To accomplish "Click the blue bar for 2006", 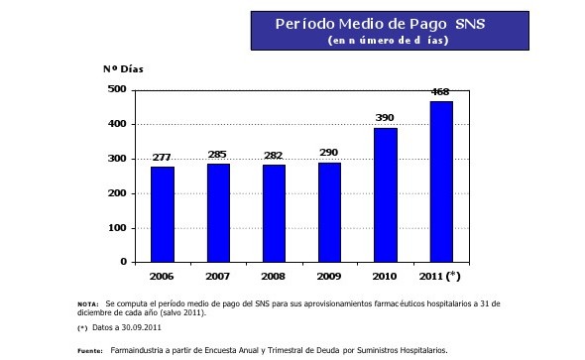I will tap(162, 214).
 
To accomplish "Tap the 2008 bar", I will tap(274, 213).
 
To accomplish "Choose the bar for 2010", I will tap(385, 194).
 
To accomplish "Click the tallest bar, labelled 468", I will tap(441, 181).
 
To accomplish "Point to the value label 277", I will tap(162, 159).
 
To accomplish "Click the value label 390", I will tap(385, 119).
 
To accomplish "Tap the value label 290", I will tap(329, 154).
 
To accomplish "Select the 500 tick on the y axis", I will tap(117, 89).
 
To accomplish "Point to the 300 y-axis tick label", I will tap(117, 159).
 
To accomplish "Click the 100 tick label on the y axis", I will tap(117, 228).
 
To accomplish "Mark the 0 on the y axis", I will tap(123, 262).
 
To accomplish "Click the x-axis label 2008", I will tap(274, 275).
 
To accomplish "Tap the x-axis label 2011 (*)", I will tap(442, 275).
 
